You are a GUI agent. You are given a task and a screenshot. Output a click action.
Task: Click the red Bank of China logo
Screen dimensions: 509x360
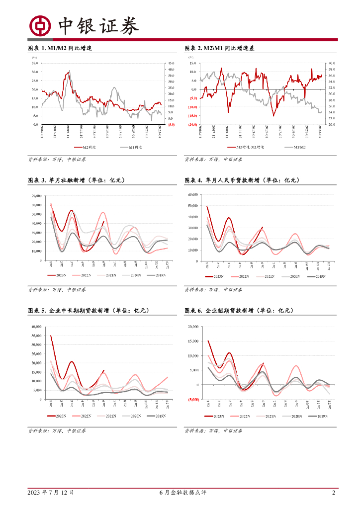(40, 26)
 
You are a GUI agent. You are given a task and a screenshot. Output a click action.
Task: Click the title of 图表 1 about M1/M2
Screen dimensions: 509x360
(60, 49)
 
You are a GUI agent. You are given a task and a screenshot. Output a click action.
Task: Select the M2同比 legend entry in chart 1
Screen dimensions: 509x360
(85, 147)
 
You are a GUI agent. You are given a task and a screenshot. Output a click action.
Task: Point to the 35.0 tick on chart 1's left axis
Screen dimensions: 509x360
(34, 63)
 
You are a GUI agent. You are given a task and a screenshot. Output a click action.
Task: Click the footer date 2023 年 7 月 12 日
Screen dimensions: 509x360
(51, 493)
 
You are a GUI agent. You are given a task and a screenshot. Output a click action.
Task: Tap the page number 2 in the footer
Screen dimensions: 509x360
(334, 493)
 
